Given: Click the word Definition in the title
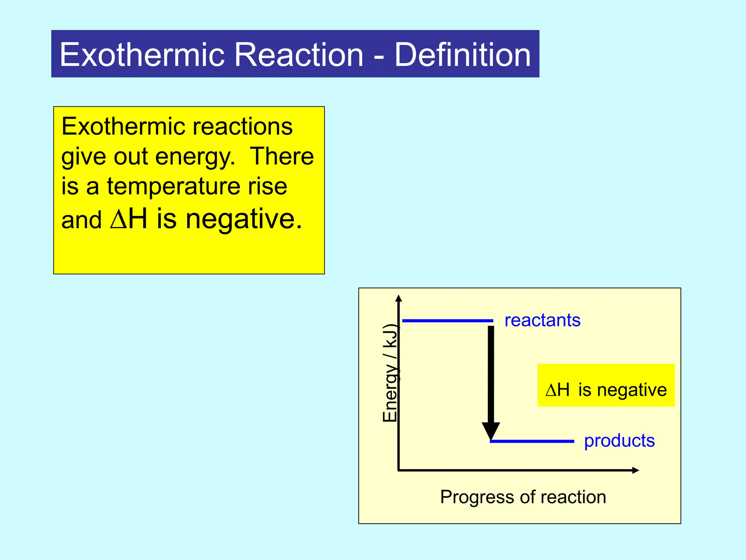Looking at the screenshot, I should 462,55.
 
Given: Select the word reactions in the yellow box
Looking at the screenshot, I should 242,127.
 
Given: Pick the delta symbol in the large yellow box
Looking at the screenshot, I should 118,219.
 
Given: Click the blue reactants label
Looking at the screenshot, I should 542,320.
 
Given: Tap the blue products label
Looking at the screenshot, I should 619,441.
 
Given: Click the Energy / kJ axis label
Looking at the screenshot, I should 390,373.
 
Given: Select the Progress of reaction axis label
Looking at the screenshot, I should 523,497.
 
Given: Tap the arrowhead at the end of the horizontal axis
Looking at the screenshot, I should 635,470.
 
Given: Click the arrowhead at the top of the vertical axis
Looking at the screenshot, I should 398,299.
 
